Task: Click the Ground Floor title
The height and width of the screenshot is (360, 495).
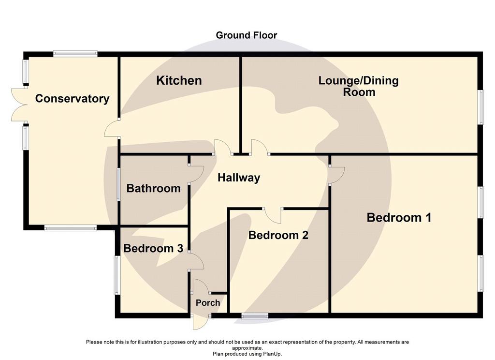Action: coord(246,35)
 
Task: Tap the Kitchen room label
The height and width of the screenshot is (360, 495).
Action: coord(179,81)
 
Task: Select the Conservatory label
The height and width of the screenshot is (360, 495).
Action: coord(73,99)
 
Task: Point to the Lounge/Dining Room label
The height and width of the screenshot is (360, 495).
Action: coord(359,86)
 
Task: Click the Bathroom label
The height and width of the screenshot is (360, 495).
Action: coord(153,188)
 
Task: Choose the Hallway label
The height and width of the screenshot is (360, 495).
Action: coord(239,178)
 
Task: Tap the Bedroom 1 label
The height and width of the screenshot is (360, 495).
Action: coord(399,218)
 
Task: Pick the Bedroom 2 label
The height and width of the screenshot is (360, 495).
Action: coord(278,235)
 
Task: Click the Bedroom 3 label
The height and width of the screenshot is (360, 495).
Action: coord(153,248)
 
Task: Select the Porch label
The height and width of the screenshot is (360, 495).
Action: coord(208,303)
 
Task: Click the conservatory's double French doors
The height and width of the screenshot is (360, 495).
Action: coord(19,105)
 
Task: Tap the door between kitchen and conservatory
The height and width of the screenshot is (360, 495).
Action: coord(112,129)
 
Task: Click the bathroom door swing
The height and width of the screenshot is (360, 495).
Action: coord(196,174)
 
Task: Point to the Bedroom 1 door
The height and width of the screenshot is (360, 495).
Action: coord(336,175)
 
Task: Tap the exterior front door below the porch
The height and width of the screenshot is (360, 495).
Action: coord(201,322)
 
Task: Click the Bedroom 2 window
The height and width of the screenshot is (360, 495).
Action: coord(255,316)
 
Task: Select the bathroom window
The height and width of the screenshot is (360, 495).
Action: coord(118,184)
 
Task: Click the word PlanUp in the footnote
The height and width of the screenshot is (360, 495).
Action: coord(272,354)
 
